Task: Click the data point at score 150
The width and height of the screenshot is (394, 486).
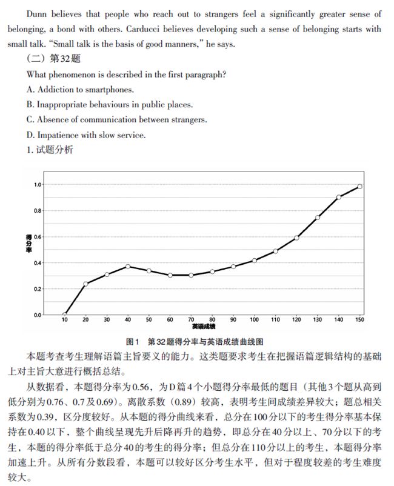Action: point(360,187)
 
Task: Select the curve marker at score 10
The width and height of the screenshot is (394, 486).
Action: point(64,315)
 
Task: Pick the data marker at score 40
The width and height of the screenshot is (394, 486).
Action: point(128,266)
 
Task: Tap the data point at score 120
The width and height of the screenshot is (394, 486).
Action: point(296,238)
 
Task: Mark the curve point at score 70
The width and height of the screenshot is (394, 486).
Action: point(191,275)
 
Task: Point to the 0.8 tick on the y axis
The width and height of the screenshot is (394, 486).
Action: point(38,211)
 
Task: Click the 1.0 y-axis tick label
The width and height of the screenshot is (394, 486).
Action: point(38,185)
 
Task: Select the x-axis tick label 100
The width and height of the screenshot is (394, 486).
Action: point(254,320)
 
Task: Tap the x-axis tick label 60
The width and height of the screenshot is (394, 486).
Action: point(170,320)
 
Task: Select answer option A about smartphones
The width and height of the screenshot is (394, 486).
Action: point(80,89)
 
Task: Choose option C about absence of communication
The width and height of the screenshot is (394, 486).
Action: point(117,119)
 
